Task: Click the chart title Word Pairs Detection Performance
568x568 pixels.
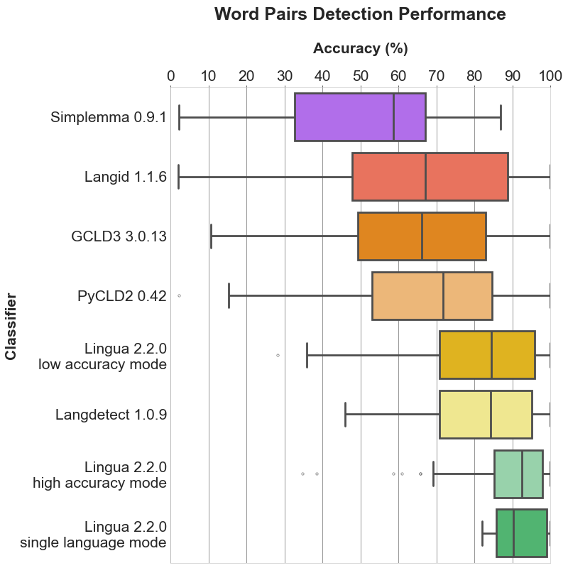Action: tap(360, 14)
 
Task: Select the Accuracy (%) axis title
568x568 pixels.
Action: tap(360, 49)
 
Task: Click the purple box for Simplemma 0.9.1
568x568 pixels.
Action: tap(344, 116)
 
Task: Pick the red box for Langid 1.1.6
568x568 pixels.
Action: tap(389, 176)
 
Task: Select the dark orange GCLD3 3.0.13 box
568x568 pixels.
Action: tap(389, 236)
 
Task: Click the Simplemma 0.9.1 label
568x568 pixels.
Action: tap(109, 117)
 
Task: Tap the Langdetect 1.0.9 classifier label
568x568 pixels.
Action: tap(111, 415)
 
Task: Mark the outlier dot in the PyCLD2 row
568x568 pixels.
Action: tap(179, 295)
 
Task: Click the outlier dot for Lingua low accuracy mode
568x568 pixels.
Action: tap(278, 354)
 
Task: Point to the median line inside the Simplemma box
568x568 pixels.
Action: tap(393, 116)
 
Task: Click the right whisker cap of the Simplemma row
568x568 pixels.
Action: tap(501, 116)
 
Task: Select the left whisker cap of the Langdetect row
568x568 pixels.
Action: tap(345, 414)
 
